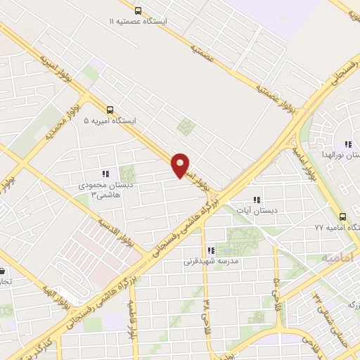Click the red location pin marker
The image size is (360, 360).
click(181, 165)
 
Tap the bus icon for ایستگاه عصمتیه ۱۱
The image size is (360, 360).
click(138, 11)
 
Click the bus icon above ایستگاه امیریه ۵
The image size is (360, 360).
click(110, 110)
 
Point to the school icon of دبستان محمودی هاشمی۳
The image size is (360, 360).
click(105, 173)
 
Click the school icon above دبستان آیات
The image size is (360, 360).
click(256, 200)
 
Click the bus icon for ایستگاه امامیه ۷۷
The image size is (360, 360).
click(342, 216)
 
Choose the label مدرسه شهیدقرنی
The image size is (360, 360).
click(212, 262)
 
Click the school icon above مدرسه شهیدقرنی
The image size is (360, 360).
click(210, 250)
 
